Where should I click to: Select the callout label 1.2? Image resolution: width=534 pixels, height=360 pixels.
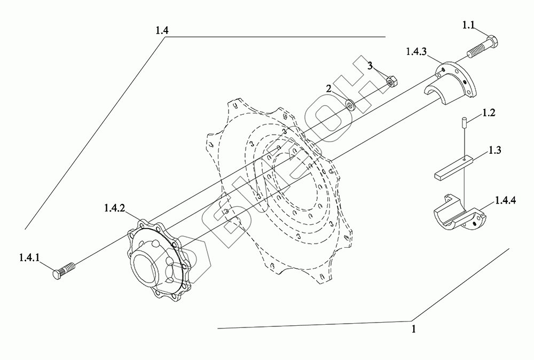[x=489, y=113]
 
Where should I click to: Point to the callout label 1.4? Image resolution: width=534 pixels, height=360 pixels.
[x=162, y=30]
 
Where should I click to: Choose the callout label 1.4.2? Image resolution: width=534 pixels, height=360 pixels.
[x=115, y=209]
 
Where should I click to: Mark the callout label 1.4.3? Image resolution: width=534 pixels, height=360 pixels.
[x=415, y=51]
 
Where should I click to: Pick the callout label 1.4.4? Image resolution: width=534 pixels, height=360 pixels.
[x=505, y=200]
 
